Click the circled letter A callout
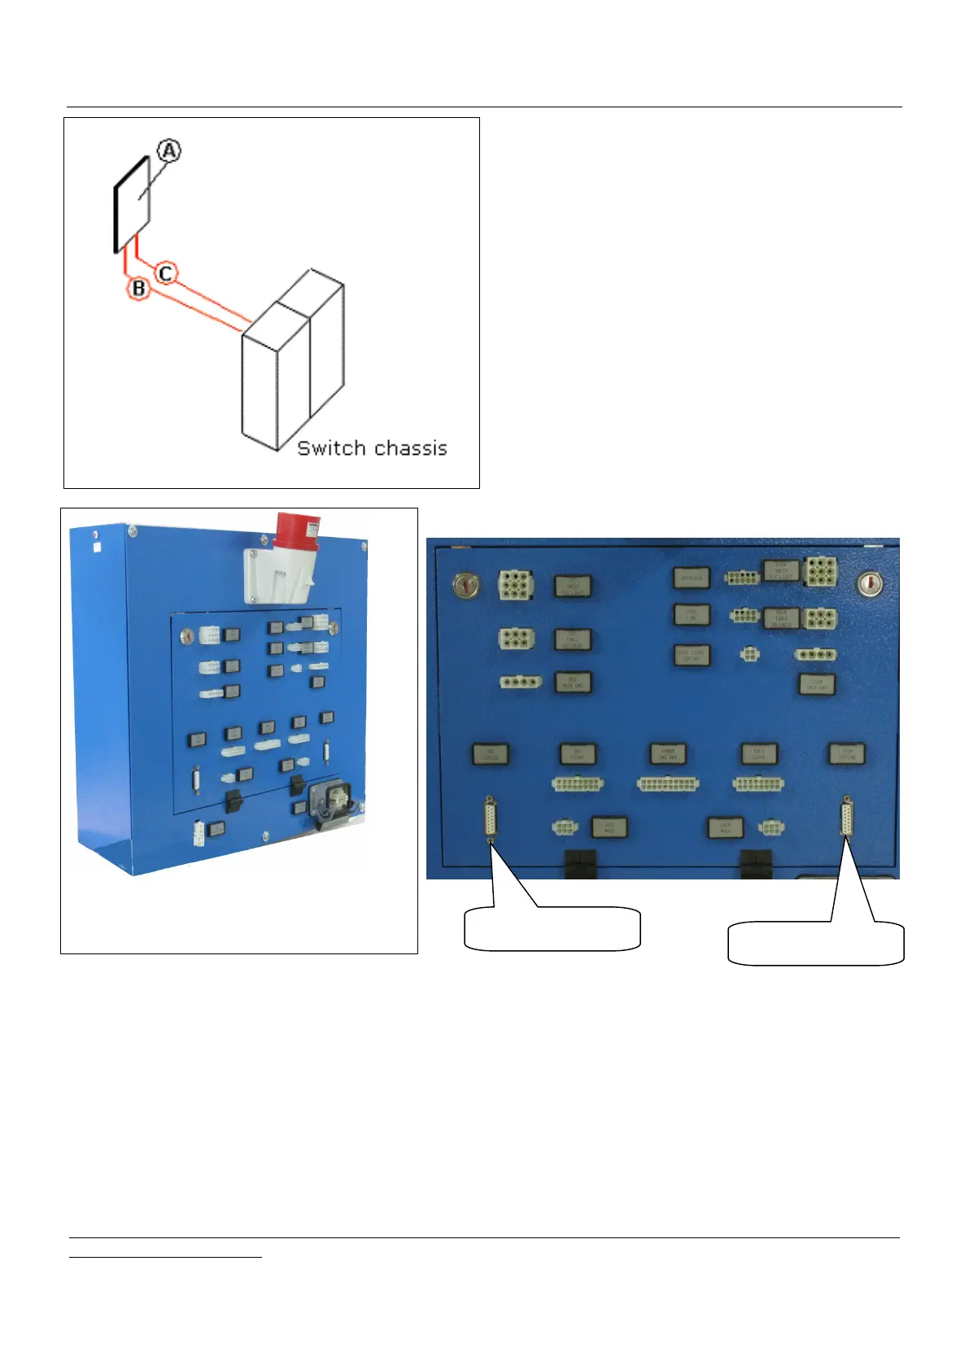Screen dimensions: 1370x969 click(x=169, y=151)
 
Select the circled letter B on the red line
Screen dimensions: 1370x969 click(x=138, y=288)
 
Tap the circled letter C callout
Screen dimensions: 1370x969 click(x=166, y=273)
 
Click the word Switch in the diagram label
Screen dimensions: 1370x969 click(x=331, y=448)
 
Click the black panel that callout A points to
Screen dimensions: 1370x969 click(x=132, y=204)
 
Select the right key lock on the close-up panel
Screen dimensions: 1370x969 click(x=870, y=582)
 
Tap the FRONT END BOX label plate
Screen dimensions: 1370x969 click(x=668, y=754)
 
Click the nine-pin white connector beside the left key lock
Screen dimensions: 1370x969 click(x=516, y=584)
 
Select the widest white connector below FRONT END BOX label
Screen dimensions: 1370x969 click(x=669, y=784)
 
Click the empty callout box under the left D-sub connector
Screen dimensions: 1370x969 click(x=552, y=929)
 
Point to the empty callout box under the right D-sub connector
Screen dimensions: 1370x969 click(x=815, y=943)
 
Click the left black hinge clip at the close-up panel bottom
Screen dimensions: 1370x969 click(x=579, y=864)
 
